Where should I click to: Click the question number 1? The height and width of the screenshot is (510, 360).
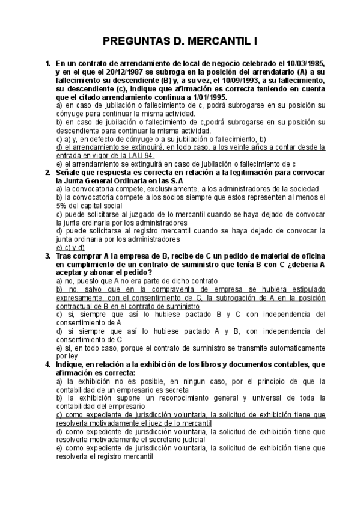click(x=47, y=63)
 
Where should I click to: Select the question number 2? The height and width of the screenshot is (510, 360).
click(x=47, y=172)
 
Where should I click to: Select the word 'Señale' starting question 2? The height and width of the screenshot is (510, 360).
click(x=68, y=172)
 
